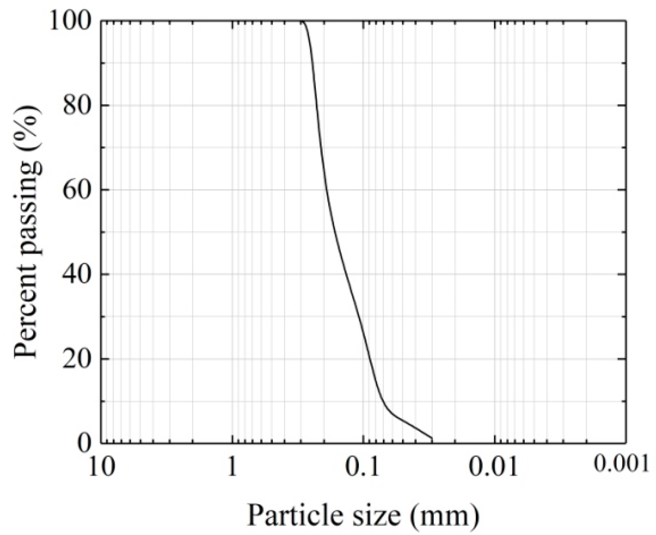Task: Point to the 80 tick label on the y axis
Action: (77, 105)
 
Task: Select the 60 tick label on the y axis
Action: (77, 190)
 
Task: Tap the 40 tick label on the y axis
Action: (77, 275)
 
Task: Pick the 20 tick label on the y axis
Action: (77, 359)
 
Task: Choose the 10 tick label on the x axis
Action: (101, 467)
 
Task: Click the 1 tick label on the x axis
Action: (232, 468)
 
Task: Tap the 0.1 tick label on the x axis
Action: (363, 467)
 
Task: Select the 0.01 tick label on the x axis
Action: (494, 467)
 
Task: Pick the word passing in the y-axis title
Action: (27, 210)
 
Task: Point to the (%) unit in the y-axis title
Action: (27, 125)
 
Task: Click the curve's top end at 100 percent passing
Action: (302, 21)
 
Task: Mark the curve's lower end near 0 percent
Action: (432, 438)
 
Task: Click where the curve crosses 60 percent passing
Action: (326, 190)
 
